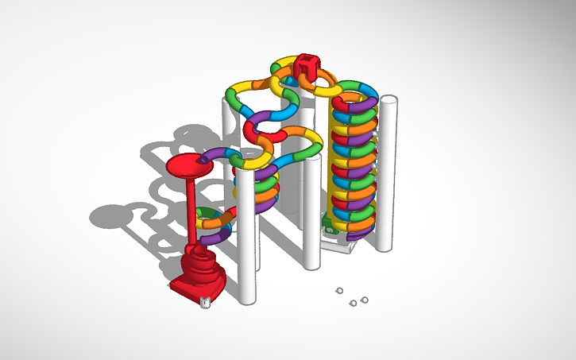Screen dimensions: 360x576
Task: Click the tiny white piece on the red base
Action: (205, 300)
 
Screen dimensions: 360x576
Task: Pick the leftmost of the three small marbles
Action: (338, 291)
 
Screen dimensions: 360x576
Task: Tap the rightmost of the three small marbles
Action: (365, 300)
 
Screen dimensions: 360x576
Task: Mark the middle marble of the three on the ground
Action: (354, 303)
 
